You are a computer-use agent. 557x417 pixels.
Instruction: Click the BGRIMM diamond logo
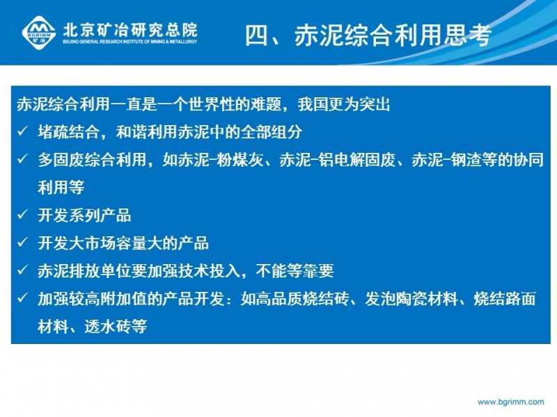[39, 33]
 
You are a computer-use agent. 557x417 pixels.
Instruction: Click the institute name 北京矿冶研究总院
[130, 30]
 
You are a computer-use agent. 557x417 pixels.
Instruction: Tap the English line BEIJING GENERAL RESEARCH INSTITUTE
[130, 42]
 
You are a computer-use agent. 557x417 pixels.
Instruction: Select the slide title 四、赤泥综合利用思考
[368, 35]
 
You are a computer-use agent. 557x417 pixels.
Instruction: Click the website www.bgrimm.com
[510, 402]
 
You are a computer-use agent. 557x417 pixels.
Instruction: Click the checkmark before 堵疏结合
[23, 131]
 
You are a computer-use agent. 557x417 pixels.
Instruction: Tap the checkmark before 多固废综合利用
[23, 159]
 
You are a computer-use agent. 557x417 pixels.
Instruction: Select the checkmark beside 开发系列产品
[23, 215]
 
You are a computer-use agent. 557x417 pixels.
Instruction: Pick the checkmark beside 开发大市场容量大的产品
[23, 243]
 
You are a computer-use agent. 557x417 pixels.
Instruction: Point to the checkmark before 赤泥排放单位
[23, 270]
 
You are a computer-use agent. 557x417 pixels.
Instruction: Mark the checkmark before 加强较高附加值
[23, 298]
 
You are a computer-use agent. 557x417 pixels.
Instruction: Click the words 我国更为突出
[344, 104]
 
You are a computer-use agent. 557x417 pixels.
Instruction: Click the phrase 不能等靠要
[295, 271]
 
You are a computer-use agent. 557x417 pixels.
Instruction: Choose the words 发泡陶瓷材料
[411, 299]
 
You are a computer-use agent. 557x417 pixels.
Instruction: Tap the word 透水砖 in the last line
[108, 327]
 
